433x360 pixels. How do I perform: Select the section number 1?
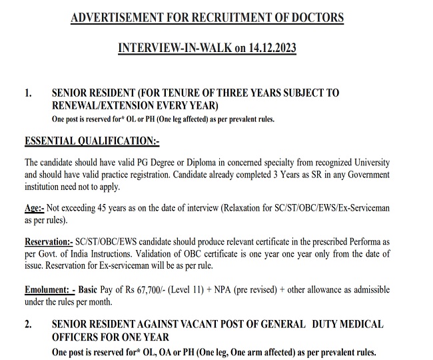click(28, 93)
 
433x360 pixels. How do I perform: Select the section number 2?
click(28, 324)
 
